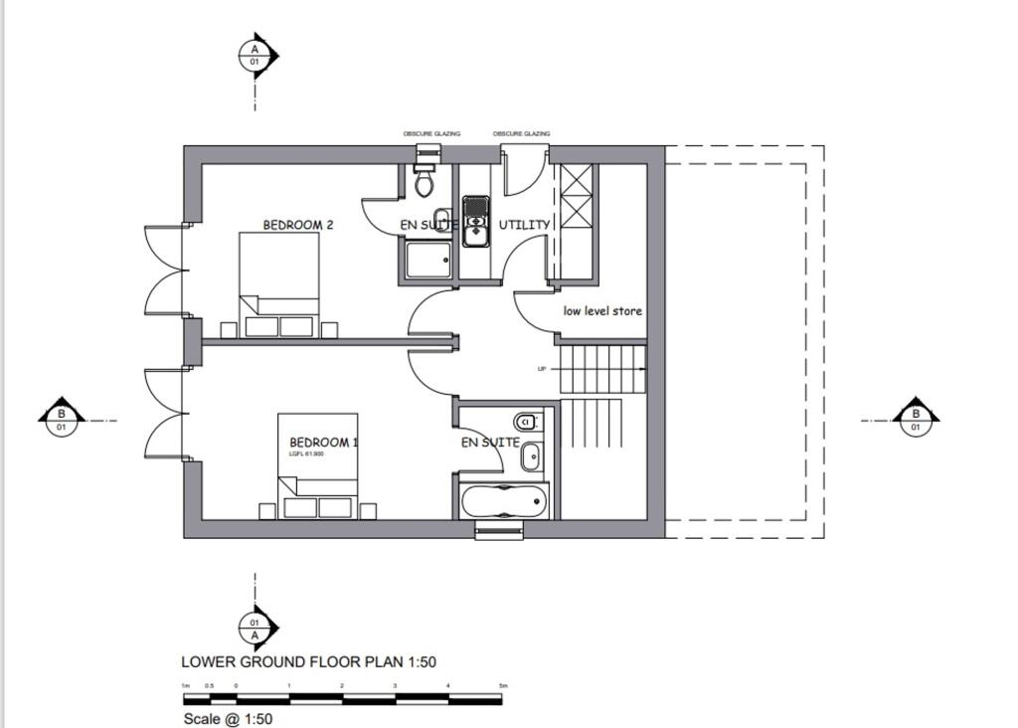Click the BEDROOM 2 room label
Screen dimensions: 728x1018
click(297, 225)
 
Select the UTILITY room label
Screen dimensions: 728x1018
click(524, 225)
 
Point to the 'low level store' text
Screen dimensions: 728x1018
click(602, 311)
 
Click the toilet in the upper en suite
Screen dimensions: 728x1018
click(424, 181)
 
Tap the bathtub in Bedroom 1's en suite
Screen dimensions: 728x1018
click(504, 500)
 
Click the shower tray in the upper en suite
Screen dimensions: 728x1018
click(427, 260)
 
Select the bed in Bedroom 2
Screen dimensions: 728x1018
click(279, 284)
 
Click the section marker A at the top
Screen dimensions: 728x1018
click(255, 55)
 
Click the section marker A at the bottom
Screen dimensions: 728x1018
click(255, 629)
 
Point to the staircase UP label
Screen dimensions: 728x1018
click(542, 369)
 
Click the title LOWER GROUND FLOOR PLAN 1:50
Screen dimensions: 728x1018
click(308, 661)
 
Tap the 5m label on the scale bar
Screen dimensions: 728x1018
click(503, 686)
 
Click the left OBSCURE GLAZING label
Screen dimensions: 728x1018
click(431, 133)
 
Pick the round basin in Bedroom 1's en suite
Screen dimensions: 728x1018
click(531, 455)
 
